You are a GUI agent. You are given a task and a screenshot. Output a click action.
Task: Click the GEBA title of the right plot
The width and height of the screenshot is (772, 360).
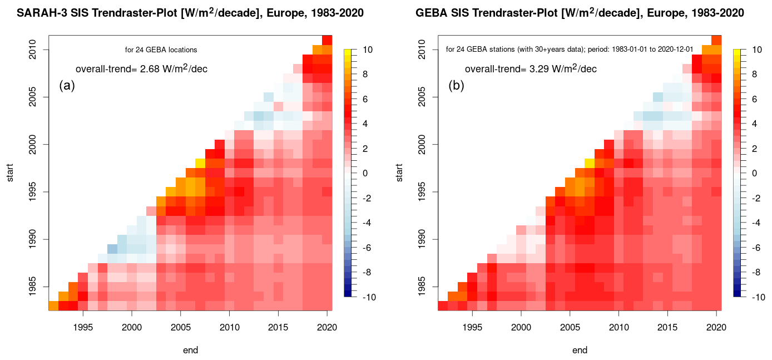(576, 12)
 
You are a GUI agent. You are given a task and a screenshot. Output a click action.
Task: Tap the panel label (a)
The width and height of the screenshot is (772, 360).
(67, 86)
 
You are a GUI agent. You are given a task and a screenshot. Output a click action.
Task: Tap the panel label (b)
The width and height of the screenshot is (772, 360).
(456, 86)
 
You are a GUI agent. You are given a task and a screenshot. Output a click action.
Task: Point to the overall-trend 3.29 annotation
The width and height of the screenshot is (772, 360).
(531, 69)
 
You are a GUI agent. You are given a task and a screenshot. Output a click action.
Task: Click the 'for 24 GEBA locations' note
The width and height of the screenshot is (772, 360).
(161, 50)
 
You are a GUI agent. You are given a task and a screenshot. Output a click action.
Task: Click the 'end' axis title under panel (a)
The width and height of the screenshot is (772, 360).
(190, 351)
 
